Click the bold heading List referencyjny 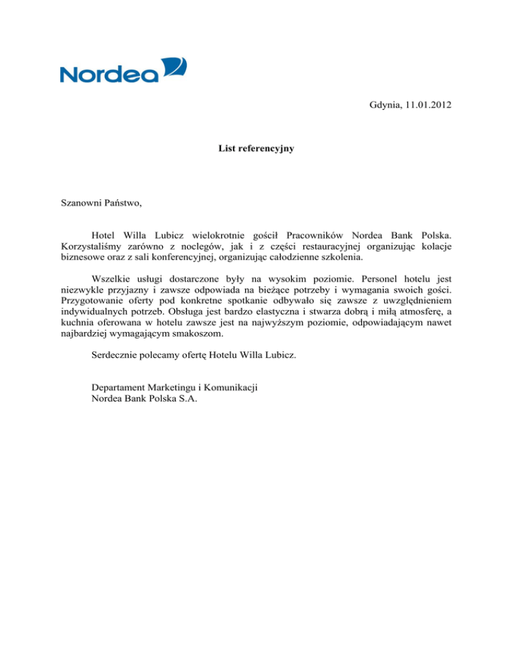(256, 149)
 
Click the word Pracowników (315, 235)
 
